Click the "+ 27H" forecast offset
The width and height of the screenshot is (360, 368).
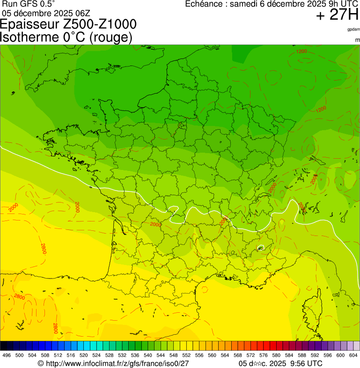(x=337, y=15)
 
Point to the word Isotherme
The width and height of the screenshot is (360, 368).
(x=29, y=37)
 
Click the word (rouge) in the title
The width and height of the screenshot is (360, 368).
(x=110, y=37)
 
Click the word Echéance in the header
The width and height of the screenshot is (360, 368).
(x=204, y=4)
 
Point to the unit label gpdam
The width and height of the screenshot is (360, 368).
(x=353, y=29)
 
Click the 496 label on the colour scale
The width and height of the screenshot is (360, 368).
(x=7, y=356)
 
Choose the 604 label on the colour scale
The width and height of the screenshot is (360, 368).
(x=353, y=356)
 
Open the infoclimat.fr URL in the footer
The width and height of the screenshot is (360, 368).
(x=117, y=363)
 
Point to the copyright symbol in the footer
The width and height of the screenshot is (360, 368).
(x=41, y=363)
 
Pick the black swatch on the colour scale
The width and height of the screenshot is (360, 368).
(x=4, y=346)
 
